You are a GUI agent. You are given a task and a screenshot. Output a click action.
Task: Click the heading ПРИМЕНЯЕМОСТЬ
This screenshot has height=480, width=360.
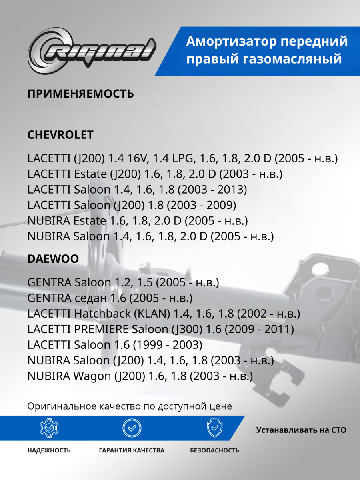[80, 94]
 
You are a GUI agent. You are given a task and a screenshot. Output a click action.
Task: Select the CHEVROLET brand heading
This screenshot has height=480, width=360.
[60, 135]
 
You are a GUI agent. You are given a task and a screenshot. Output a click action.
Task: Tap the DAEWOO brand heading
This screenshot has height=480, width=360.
[53, 259]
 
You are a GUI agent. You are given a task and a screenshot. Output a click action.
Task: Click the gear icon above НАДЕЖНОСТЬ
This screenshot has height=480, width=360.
[49, 428]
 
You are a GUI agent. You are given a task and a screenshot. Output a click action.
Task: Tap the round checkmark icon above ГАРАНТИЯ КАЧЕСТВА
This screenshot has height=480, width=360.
[132, 428]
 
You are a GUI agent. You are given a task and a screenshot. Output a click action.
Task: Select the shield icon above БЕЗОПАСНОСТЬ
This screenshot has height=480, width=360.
[214, 428]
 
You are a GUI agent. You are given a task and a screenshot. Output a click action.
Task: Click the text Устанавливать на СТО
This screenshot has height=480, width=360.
[301, 430]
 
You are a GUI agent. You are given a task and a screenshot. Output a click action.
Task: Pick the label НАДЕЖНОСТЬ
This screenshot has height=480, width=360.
[49, 450]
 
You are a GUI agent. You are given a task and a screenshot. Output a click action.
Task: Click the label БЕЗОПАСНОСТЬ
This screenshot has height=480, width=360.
[214, 450]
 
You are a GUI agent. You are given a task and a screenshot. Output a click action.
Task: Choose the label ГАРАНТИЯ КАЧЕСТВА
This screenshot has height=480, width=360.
[132, 450]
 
